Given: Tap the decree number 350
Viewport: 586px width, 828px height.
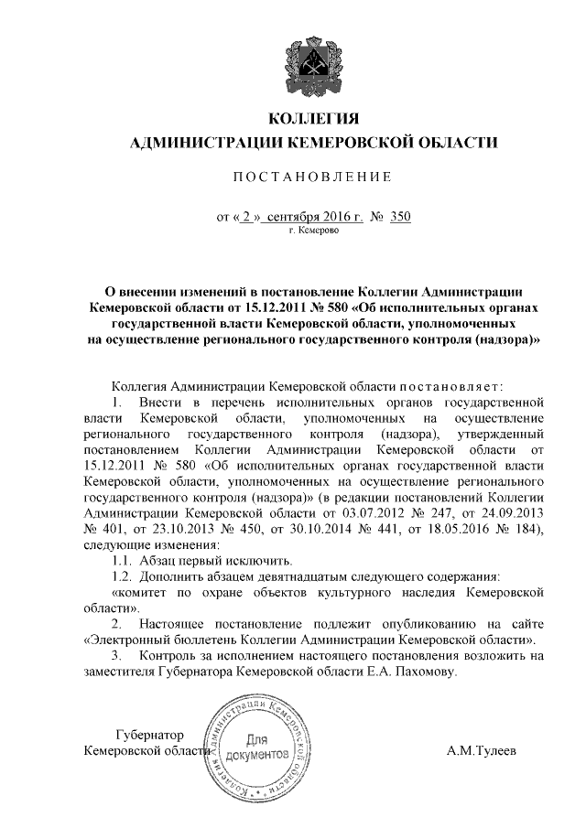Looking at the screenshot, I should tap(400, 217).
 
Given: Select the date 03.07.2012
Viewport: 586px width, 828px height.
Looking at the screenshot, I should tap(401, 514).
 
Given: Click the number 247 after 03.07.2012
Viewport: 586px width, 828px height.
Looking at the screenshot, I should tap(478, 514).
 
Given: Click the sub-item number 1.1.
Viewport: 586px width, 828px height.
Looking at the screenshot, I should tap(120, 560).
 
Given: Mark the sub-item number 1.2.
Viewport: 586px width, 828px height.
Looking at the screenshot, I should tap(120, 576).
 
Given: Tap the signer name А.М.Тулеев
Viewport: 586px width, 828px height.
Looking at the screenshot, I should tap(481, 751).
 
